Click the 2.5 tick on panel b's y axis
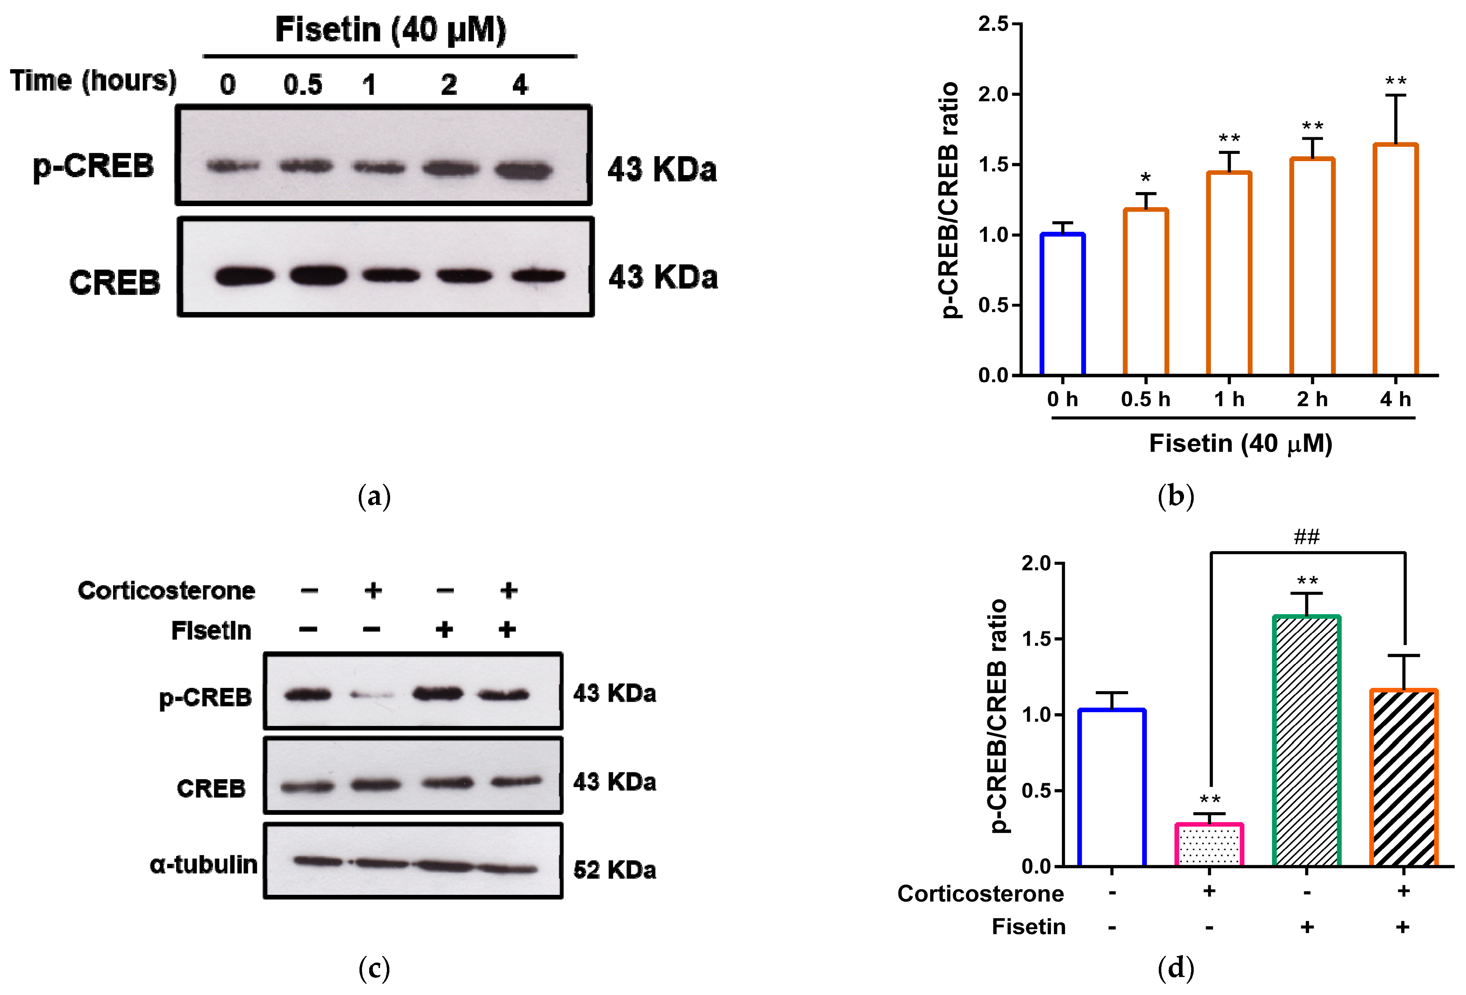point(993,25)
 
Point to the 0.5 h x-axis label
point(1145,399)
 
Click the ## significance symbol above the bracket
point(1306,537)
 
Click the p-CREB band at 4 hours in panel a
point(523,170)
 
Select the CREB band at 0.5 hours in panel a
point(318,276)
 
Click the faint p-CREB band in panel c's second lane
point(372,696)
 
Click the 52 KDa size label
point(614,870)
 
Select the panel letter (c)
point(374,968)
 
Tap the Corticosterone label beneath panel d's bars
point(980,893)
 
